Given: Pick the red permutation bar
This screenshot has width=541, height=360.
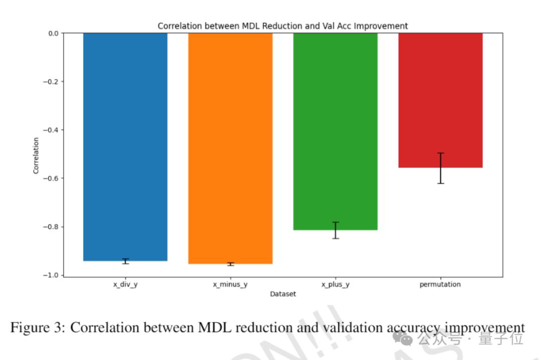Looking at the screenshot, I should click(x=440, y=100).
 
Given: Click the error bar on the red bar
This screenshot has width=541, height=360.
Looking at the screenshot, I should click(x=440, y=168).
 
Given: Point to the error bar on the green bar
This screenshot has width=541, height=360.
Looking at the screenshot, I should click(x=335, y=230).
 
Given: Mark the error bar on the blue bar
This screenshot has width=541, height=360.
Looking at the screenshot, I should click(x=125, y=261).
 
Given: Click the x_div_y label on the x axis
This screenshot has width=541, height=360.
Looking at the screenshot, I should click(x=125, y=284).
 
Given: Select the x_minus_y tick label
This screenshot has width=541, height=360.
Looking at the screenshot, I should click(x=230, y=284).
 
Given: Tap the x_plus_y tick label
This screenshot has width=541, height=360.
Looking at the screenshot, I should click(x=335, y=284).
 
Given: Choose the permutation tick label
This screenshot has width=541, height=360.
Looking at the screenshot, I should click(x=440, y=284).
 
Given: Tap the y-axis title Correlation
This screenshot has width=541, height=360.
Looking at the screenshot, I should click(x=36, y=155).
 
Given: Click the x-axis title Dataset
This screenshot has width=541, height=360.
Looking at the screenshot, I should click(x=283, y=294).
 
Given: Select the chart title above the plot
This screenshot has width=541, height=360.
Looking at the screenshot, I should click(x=283, y=26).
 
